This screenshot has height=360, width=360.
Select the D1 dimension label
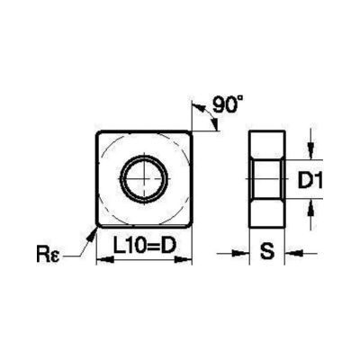click(310, 182)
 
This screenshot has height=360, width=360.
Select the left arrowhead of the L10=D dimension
click(100, 261)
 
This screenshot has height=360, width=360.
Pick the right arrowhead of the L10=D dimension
click(189, 261)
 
